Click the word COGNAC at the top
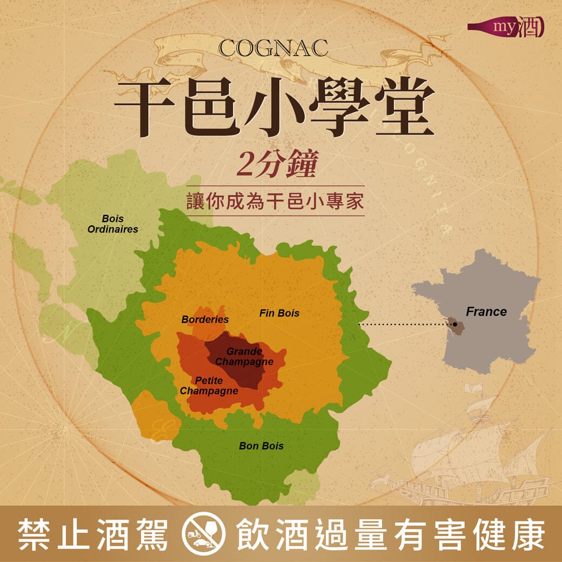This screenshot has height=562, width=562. pos(273,48)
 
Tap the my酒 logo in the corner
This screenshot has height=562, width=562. pos(506,27)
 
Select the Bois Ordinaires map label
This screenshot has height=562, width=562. pos(112,224)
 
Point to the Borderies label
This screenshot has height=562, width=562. pos(205,319)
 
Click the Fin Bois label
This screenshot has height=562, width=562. pos(279,313)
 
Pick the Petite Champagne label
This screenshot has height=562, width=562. pos(209,385)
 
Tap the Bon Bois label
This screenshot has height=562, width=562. pos(261,446)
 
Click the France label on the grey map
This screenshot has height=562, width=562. pos(486,312)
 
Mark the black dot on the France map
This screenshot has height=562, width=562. pos(455,324)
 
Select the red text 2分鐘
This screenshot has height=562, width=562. pos(275,165)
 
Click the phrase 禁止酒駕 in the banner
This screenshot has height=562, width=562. pos(93,534)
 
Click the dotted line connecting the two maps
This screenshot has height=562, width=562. pos(403,325)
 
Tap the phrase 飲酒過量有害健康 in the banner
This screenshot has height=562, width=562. pos(390,534)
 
